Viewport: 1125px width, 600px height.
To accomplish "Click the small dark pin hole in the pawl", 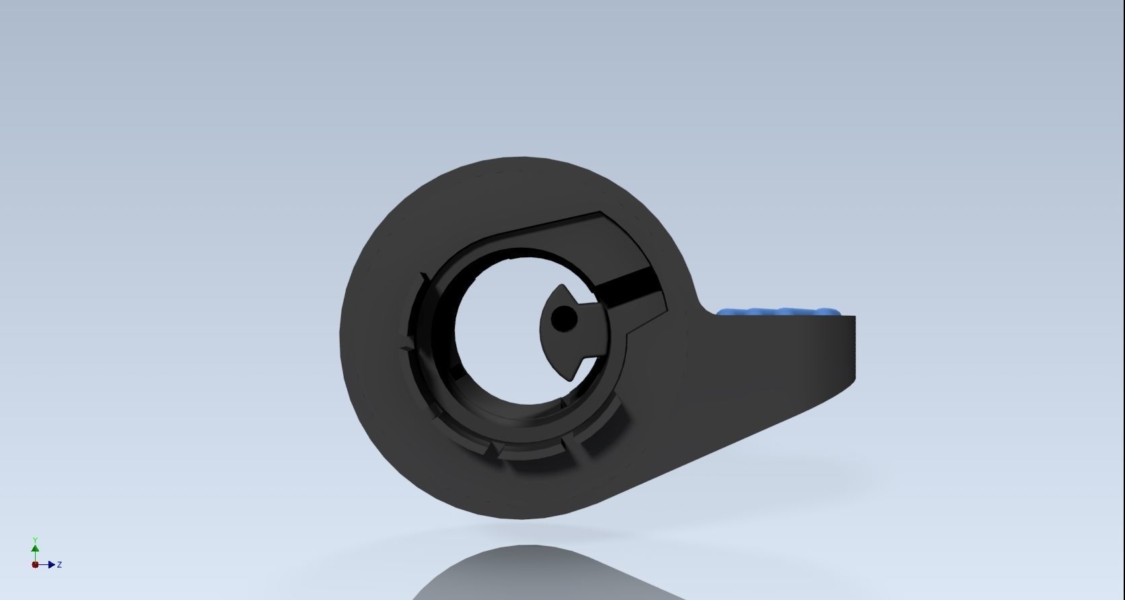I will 563,319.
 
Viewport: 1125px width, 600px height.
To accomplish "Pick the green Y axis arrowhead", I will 35,548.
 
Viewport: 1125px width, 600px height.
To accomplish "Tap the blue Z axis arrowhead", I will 51,564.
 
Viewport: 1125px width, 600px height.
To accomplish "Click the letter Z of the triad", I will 60,564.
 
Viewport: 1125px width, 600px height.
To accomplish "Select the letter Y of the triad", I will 35,540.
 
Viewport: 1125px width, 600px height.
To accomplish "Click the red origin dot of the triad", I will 35,564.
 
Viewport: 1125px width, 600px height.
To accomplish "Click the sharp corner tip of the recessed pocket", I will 601,213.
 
